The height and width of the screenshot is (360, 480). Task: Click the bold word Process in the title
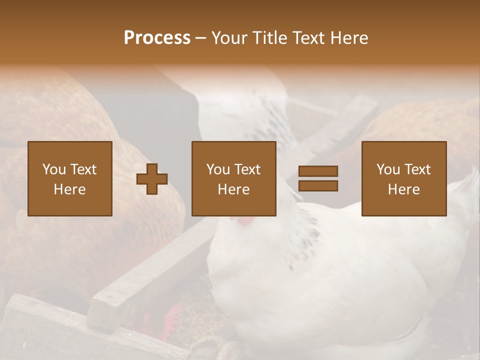157,38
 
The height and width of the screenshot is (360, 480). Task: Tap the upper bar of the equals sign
318,171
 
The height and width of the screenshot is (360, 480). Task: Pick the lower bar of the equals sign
318,185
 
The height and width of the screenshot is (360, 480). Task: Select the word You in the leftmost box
54,169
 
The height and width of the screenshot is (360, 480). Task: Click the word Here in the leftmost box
69,189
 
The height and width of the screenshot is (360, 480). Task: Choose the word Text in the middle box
247,169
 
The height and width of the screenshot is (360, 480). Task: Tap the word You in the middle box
218,169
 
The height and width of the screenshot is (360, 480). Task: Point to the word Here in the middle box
233,189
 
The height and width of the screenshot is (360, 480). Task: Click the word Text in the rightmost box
417,169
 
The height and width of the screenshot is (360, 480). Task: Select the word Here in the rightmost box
403,189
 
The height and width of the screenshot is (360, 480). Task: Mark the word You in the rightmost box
388,169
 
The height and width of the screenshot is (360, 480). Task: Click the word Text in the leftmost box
83,169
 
